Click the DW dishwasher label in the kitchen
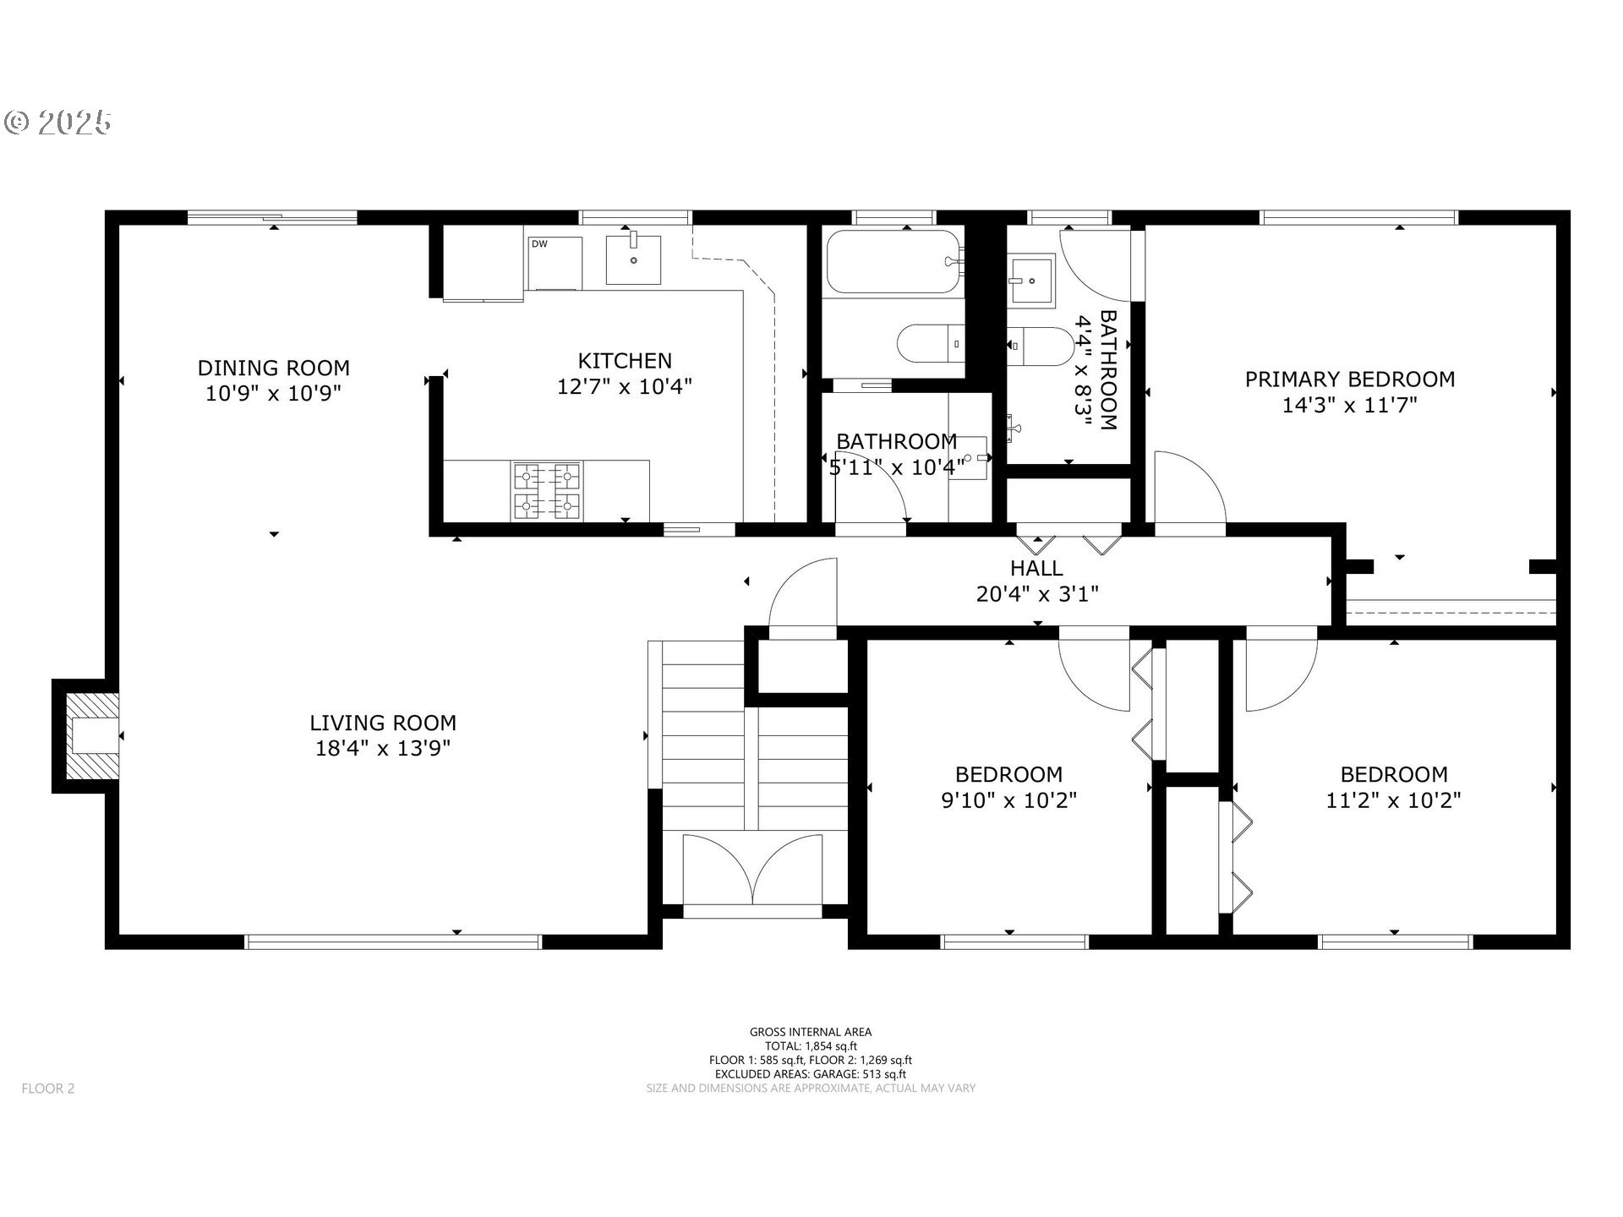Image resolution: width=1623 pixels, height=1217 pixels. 538,244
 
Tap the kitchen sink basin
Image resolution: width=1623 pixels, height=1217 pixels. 633,260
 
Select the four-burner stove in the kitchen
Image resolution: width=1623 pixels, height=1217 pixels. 546,490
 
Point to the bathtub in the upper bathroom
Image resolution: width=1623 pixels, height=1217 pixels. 894,261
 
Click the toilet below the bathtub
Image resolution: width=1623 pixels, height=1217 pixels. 931,344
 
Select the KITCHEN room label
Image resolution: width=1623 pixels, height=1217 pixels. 625,361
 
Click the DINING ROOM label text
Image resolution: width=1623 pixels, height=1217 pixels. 274,368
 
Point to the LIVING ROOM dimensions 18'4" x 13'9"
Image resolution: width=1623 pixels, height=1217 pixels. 383,748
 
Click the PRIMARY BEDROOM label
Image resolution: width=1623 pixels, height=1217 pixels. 1350,379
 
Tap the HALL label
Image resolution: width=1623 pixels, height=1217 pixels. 1037,568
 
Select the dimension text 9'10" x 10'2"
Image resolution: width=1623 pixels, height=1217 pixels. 1009,800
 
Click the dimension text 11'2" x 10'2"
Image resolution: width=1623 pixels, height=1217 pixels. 1394,800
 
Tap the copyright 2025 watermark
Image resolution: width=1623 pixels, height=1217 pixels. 57,123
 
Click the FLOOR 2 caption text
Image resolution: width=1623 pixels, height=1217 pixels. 48,1089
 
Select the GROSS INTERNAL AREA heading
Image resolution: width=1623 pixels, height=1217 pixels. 811,1032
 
